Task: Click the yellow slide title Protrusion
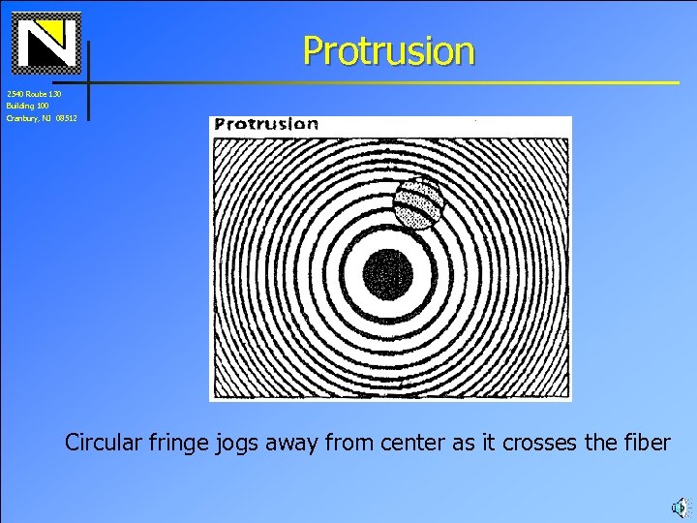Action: pyautogui.click(x=388, y=50)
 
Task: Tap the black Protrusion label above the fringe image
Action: pyautogui.click(x=266, y=124)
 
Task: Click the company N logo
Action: pyautogui.click(x=45, y=44)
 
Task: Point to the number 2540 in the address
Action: pyautogui.click(x=15, y=94)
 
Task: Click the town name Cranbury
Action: pyautogui.click(x=20, y=117)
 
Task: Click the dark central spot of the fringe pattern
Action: pyautogui.click(x=388, y=274)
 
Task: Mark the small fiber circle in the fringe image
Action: pyautogui.click(x=418, y=203)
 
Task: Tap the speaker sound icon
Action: pyautogui.click(x=679, y=506)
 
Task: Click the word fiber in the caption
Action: pyautogui.click(x=645, y=443)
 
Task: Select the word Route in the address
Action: pyautogui.click(x=36, y=94)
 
